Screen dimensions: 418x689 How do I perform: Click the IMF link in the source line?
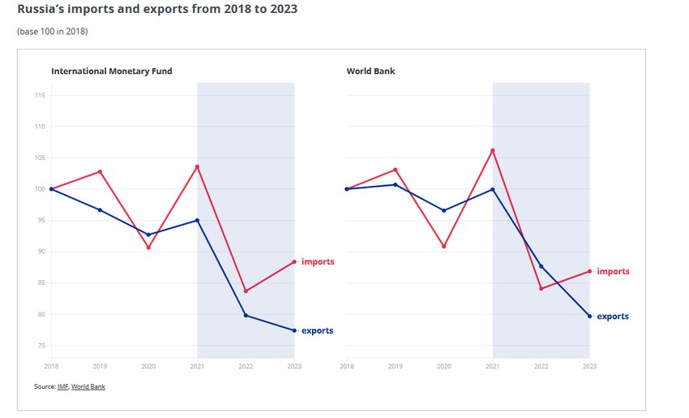[62, 386]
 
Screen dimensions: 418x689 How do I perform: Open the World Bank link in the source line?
[88, 386]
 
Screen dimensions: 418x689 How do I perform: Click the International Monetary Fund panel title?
[111, 71]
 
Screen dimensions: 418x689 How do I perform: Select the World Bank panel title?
[370, 71]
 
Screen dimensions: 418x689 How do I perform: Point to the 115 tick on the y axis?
[40, 96]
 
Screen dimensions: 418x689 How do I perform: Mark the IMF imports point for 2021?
[197, 166]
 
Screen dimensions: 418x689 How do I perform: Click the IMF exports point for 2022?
[246, 315]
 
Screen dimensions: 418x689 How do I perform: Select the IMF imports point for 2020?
[148, 247]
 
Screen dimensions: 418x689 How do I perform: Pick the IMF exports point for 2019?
[100, 210]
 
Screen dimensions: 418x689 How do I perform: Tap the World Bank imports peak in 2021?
[492, 150]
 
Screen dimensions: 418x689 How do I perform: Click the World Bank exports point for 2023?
[589, 316]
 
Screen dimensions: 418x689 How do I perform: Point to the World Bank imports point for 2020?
[443, 246]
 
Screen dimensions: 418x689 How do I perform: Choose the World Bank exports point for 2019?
[395, 184]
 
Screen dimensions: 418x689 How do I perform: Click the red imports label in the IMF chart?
[318, 262]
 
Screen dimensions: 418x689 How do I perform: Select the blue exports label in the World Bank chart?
[613, 317]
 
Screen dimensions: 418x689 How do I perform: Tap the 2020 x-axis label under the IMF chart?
[148, 367]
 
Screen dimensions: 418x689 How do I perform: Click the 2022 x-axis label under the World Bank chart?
[541, 367]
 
